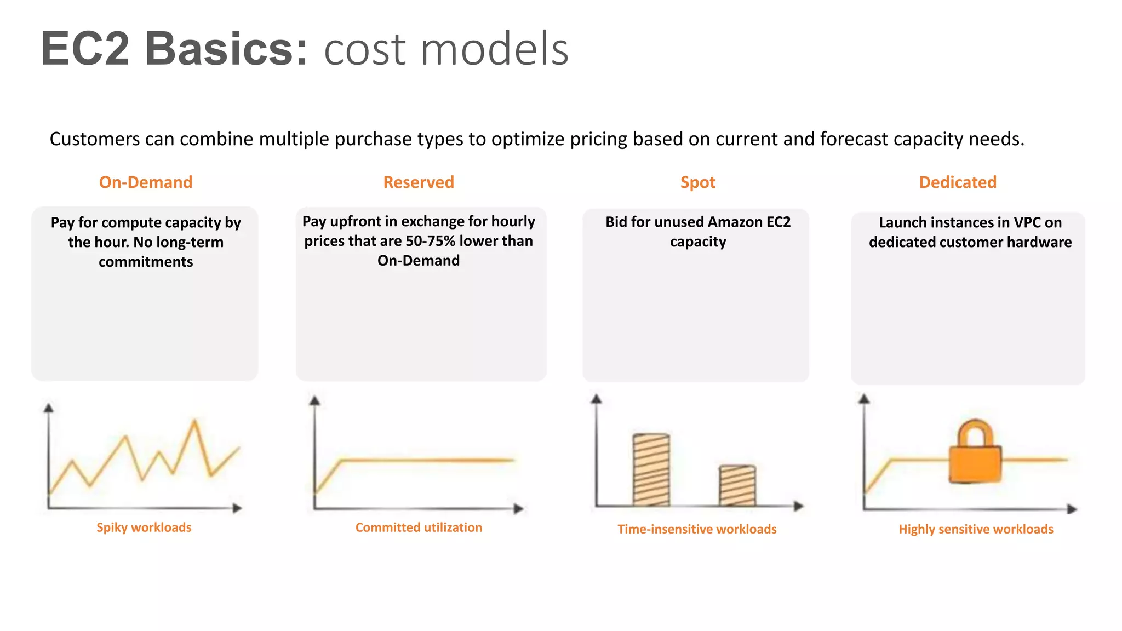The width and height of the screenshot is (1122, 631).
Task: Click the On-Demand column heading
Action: (x=146, y=182)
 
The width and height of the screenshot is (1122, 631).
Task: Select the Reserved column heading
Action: (x=419, y=182)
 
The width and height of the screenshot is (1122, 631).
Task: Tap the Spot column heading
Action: (x=697, y=182)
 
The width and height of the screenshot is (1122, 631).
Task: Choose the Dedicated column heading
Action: (x=958, y=182)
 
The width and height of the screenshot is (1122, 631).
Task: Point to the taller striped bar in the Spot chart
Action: (x=651, y=470)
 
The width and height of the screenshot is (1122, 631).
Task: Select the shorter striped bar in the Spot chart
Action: (x=737, y=485)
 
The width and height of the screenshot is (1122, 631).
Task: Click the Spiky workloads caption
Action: (x=144, y=527)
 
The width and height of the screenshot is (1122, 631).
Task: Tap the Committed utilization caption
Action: (x=419, y=527)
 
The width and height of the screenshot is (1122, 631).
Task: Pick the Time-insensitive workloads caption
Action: (x=697, y=529)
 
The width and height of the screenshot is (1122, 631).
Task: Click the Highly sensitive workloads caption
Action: (x=976, y=529)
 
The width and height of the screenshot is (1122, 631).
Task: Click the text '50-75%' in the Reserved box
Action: (x=430, y=241)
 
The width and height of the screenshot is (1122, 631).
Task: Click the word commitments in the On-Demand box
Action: (x=146, y=262)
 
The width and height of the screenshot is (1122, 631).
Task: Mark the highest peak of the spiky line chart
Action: (x=194, y=421)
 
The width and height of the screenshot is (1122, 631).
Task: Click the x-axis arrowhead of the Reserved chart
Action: (x=518, y=509)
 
